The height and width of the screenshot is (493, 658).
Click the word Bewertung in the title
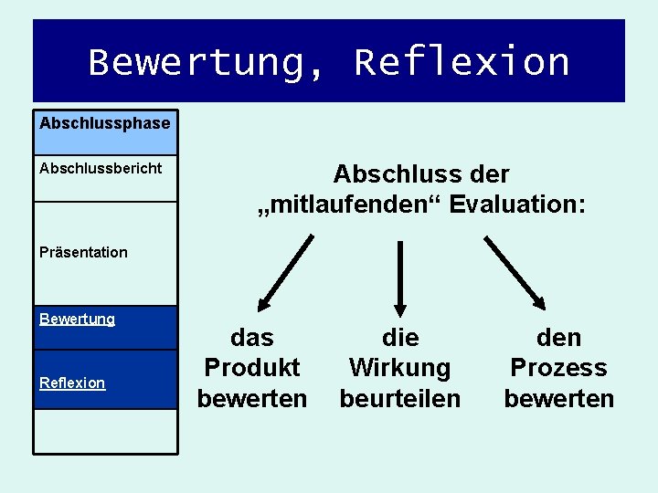click(206, 62)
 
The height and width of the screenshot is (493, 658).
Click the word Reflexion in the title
click(462, 62)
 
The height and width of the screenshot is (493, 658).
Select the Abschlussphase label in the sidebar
click(104, 122)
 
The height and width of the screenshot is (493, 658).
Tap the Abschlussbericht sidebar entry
click(101, 168)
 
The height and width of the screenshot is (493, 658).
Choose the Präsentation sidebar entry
click(83, 252)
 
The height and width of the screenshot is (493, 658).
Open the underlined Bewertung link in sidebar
click(77, 320)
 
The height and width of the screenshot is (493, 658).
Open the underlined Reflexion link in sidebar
click(72, 383)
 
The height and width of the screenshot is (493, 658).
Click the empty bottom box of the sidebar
click(105, 431)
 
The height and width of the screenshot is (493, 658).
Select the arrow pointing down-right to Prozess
click(515, 272)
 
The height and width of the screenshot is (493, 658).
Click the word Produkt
click(252, 368)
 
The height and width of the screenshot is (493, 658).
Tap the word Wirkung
click(400, 368)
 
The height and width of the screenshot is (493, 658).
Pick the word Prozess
click(558, 368)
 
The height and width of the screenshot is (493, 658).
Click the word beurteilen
click(400, 399)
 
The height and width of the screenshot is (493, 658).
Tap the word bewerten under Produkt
click(252, 399)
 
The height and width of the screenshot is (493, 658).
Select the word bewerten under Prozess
click(558, 399)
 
